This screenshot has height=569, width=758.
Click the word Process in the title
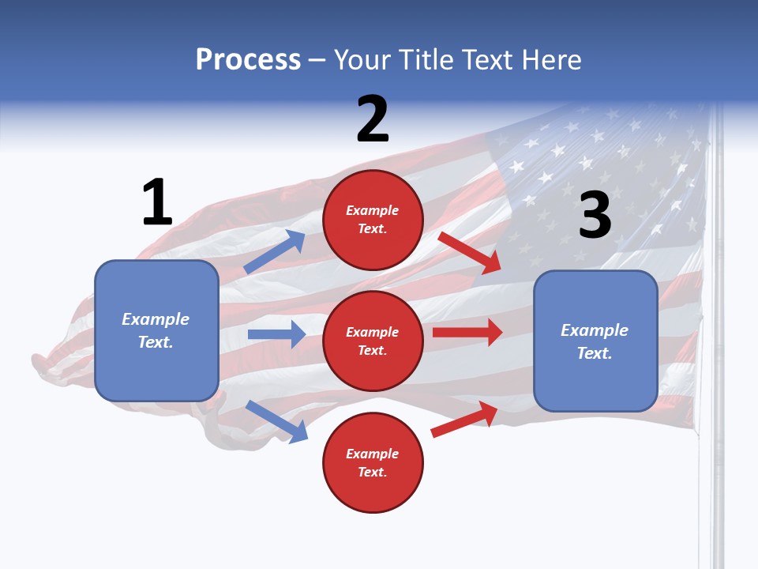(x=248, y=60)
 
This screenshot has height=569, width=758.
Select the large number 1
(x=157, y=202)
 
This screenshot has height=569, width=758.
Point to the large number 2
(x=373, y=119)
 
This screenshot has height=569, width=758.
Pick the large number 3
(x=595, y=216)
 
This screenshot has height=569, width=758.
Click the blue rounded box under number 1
(x=156, y=330)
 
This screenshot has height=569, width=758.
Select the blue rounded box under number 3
(x=595, y=341)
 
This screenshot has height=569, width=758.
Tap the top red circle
(x=373, y=219)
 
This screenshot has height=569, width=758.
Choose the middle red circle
(x=373, y=341)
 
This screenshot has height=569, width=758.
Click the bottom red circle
(x=373, y=462)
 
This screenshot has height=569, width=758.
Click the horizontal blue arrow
(x=276, y=334)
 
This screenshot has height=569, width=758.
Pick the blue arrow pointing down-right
(x=277, y=421)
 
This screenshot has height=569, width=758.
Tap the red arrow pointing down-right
(x=470, y=252)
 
